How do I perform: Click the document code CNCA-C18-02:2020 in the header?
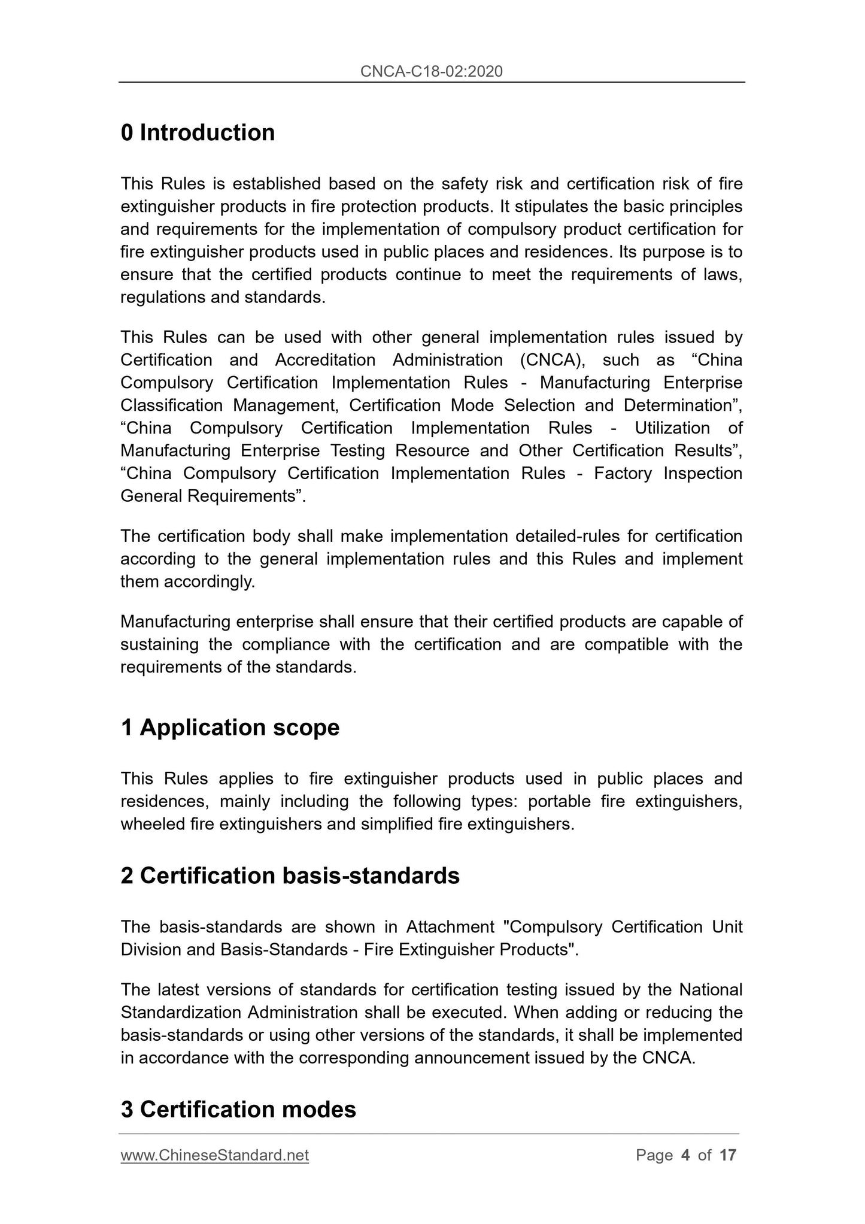pos(431,72)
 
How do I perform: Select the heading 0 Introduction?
pos(198,133)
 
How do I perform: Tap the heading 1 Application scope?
pos(230,728)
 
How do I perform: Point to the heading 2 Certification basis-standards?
pos(290,875)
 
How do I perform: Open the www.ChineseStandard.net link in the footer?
pos(214,1155)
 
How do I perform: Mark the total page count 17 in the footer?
pos(727,1155)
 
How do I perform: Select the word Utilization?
pos(672,428)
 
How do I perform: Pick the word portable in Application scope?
pos(559,802)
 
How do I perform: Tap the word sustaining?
pos(159,645)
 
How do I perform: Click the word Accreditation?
pos(325,360)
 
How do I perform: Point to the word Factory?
pos(623,474)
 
